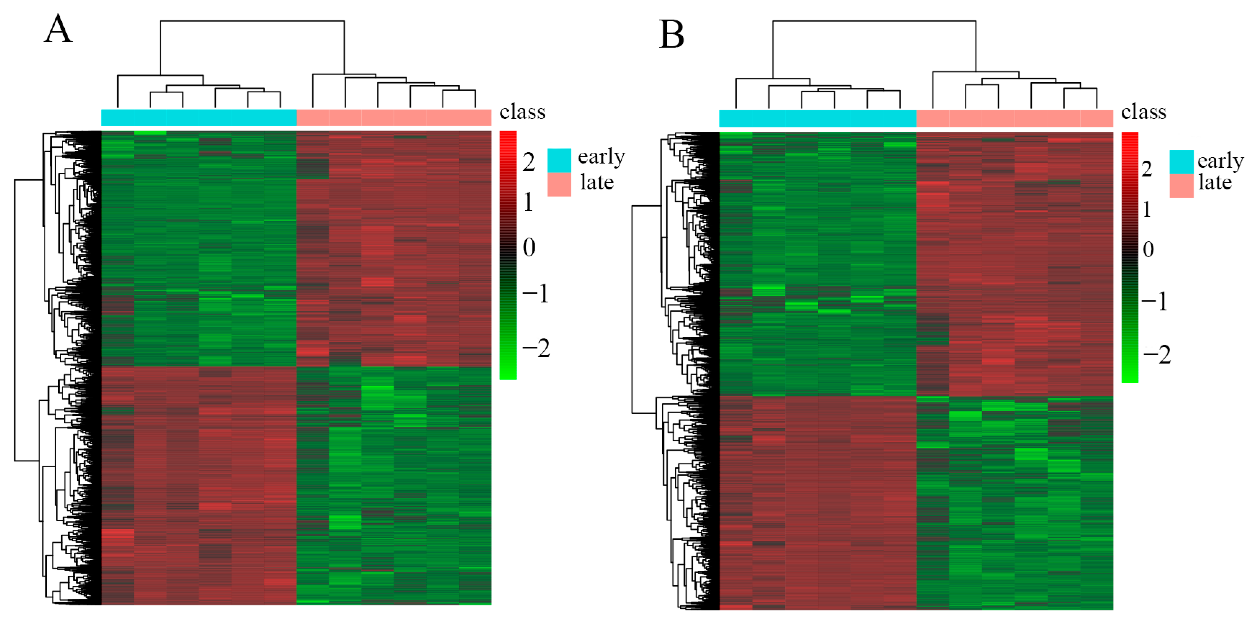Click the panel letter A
click(58, 29)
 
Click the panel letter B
click(672, 35)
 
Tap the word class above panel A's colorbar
click(522, 112)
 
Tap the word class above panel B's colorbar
click(1143, 112)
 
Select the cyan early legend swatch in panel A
click(559, 160)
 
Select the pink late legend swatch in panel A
click(559, 184)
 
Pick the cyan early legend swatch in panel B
click(1181, 162)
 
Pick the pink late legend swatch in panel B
click(1181, 186)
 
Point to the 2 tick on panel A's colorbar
click(529, 162)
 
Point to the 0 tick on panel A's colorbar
click(529, 248)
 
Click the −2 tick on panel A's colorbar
click(536, 348)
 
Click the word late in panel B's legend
click(1214, 183)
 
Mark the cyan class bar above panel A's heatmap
click(199, 118)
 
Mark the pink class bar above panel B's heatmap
click(1014, 118)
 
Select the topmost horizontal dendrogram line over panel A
click(252, 21)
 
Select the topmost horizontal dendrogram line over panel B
click(874, 21)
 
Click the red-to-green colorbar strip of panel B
click(1130, 257)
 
